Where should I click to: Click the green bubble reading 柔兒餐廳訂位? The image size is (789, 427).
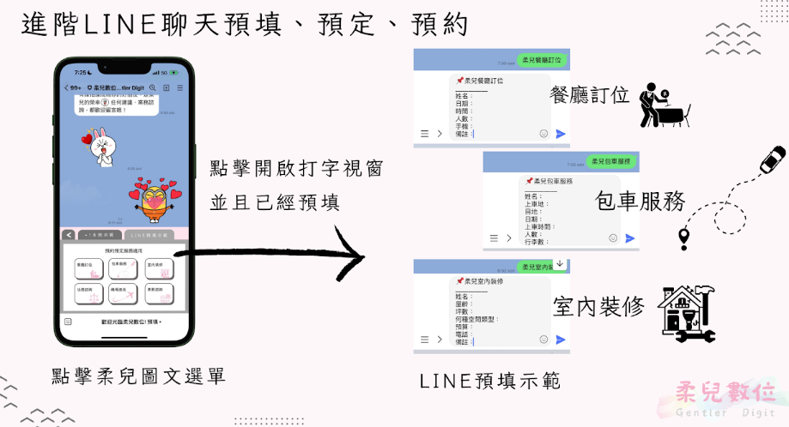tap(542, 60)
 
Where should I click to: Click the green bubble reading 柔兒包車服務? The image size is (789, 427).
tap(610, 161)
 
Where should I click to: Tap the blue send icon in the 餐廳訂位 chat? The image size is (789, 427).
tap(561, 134)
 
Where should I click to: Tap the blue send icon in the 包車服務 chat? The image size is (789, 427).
tap(630, 238)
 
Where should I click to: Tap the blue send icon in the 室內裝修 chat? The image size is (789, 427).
tap(561, 340)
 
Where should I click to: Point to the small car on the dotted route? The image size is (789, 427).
tap(773, 160)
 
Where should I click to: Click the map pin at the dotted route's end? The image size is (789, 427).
tap(684, 238)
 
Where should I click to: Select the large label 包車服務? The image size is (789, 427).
tap(640, 202)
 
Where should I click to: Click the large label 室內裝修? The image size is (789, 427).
tap(598, 306)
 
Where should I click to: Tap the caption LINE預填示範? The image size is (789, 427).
tap(490, 381)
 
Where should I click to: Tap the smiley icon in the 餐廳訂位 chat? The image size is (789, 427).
tap(543, 134)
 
